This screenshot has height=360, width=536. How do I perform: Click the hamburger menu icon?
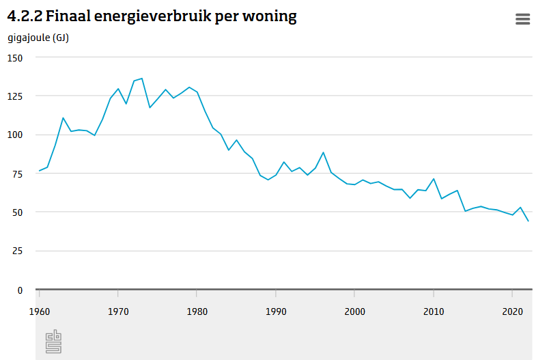[522, 19]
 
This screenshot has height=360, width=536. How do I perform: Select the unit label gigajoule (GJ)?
[38, 38]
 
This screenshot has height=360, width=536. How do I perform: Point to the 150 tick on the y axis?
[15, 58]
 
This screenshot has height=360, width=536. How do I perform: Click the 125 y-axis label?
[15, 96]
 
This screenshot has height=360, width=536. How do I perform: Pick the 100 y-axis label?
[15, 135]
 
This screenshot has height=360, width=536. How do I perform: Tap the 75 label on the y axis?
[17, 174]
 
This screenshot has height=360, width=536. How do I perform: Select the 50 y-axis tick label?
[17, 212]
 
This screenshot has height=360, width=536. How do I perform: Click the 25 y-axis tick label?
[17, 251]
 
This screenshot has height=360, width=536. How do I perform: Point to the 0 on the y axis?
[20, 290]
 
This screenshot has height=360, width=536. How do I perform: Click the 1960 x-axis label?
[40, 311]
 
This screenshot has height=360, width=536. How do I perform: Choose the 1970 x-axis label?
[118, 311]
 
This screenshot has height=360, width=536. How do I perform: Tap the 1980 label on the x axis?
[197, 311]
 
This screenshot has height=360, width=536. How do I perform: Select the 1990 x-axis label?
[276, 311]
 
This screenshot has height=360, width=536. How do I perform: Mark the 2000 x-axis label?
[354, 311]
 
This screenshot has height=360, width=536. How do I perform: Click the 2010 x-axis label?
[433, 311]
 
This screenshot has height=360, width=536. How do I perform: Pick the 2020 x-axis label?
[511, 311]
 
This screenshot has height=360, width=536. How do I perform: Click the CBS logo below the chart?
[53, 342]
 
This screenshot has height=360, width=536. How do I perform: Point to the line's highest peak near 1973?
[141, 79]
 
